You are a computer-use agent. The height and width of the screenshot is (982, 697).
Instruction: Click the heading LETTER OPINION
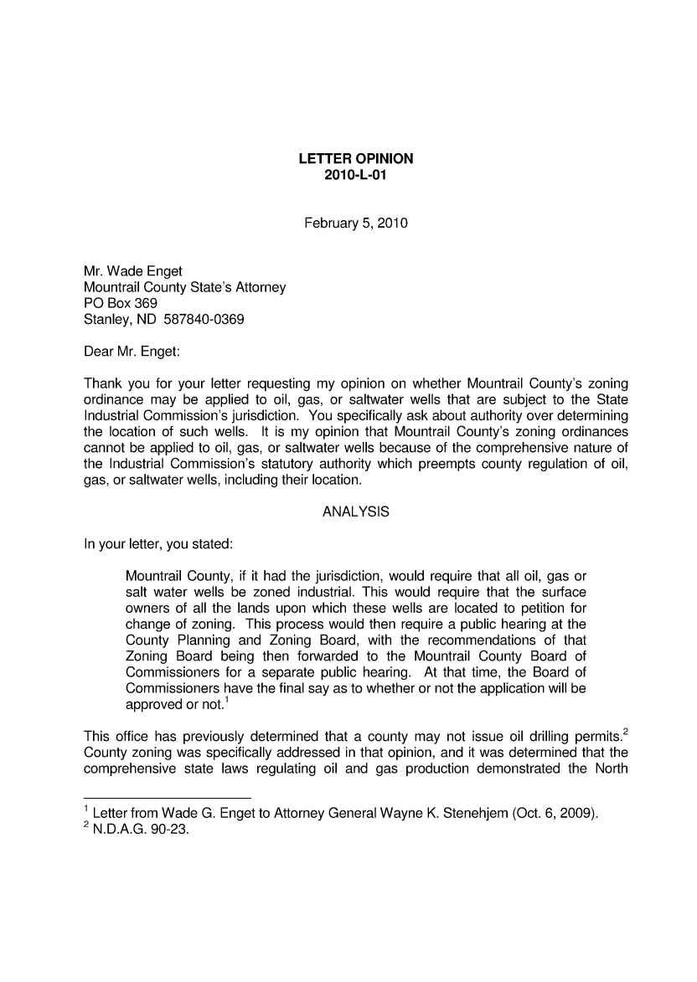tap(356, 159)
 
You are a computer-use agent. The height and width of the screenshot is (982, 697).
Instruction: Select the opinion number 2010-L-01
tap(356, 175)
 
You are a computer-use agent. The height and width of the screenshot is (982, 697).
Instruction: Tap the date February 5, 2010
tap(356, 224)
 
